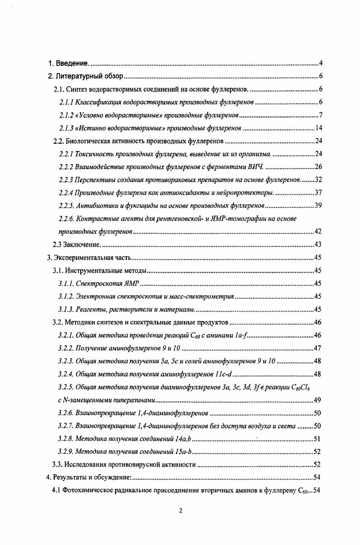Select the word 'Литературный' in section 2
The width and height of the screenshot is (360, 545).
(x=79, y=76)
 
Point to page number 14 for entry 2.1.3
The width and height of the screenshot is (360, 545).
(x=318, y=128)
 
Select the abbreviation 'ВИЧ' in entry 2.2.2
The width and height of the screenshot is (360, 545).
(x=255, y=167)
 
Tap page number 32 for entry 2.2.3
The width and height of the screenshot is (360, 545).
(x=318, y=180)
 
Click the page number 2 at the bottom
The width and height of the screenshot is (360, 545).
(x=180, y=511)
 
